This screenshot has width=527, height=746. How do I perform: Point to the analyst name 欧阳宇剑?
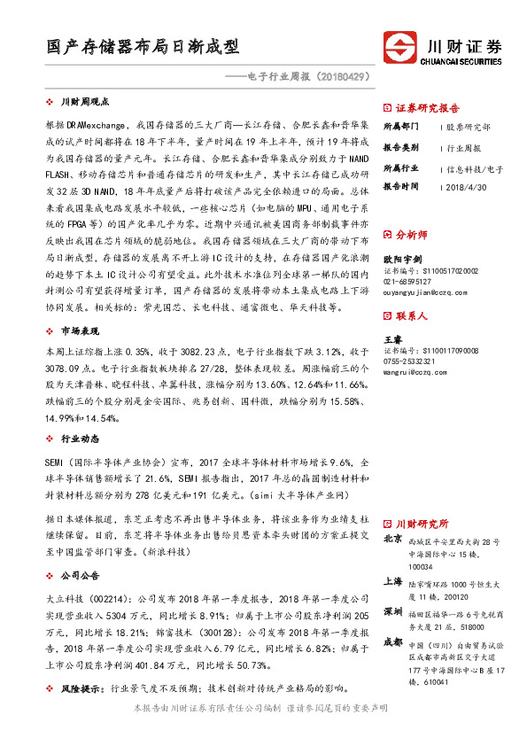pyautogui.click(x=401, y=260)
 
